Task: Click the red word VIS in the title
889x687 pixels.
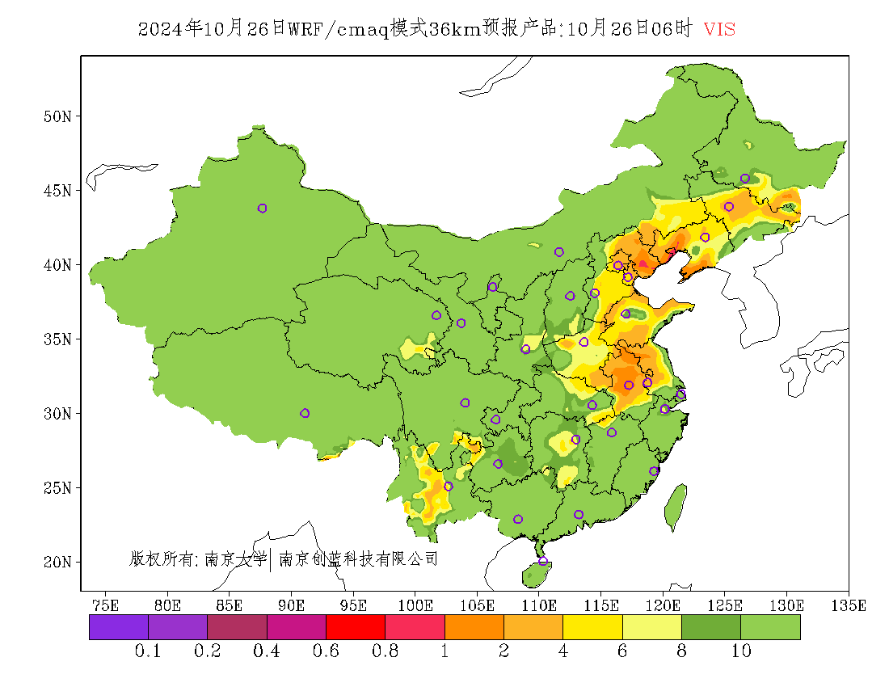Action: coord(719,29)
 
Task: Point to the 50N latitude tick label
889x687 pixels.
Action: coord(57,116)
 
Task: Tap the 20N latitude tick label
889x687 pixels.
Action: coord(57,562)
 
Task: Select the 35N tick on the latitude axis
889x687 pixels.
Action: coord(57,339)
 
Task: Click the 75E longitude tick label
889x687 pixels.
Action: coord(106,605)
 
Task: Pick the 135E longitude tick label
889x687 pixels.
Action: coord(849,605)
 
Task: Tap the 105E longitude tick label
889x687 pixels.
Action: coord(478,605)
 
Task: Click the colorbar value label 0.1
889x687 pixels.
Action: coord(149,651)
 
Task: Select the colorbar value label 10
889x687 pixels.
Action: coord(741,651)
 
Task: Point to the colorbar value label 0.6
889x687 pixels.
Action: coord(326,651)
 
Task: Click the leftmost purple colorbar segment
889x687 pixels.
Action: coord(119,627)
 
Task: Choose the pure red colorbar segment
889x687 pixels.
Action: coord(355,627)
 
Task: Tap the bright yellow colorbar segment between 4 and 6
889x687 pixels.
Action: coord(592,627)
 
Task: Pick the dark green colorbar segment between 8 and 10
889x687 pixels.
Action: coord(711,627)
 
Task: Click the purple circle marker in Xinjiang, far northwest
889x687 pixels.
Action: coord(262,209)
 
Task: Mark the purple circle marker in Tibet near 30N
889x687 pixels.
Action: coord(305,413)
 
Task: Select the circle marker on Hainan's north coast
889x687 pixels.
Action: coord(543,561)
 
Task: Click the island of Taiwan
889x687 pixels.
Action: coord(676,508)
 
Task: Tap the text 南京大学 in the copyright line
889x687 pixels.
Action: coord(235,558)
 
